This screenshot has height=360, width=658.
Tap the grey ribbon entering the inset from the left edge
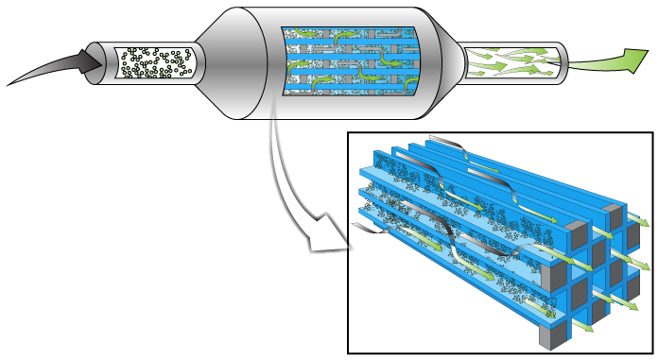tap(364, 228)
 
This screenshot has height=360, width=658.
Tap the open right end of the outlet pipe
tap(566, 62)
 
